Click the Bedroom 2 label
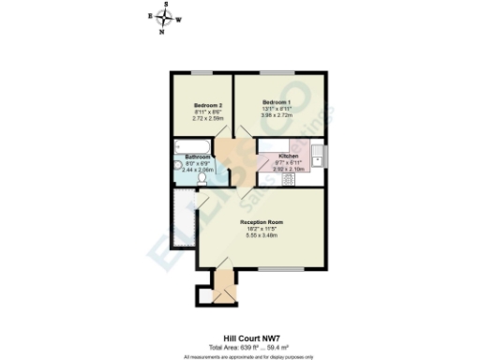click(207, 105)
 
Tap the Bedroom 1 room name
click(276, 101)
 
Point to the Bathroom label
click(197, 157)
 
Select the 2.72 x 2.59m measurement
click(207, 118)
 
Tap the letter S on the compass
click(165, 6)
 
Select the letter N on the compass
click(162, 31)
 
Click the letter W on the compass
click(179, 19)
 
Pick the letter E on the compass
click(150, 16)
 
